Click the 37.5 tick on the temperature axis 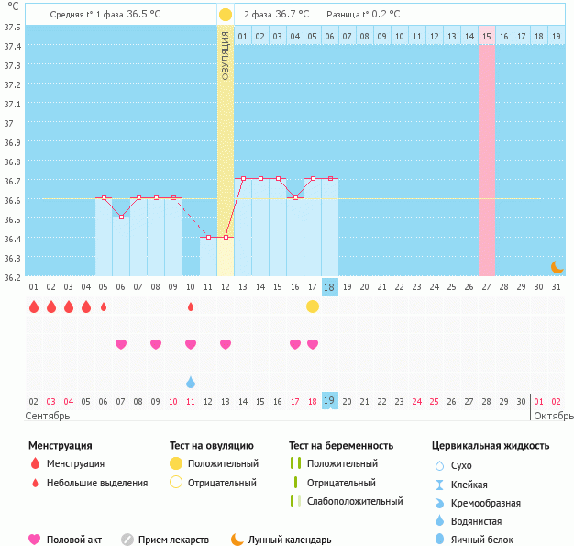click(12, 27)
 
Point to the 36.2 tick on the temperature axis click(12, 276)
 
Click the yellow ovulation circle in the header click(226, 15)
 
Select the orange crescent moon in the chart click(557, 266)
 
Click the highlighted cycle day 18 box click(330, 287)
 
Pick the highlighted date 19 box click(330, 401)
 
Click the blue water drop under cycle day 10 click(191, 382)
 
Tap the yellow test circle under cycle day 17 click(313, 306)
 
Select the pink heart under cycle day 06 click(121, 344)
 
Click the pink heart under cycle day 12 click(226, 344)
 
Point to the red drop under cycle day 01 click(34, 306)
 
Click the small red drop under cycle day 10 click(191, 306)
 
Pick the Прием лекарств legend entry click(173, 540)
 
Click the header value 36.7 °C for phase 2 click(291, 15)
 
